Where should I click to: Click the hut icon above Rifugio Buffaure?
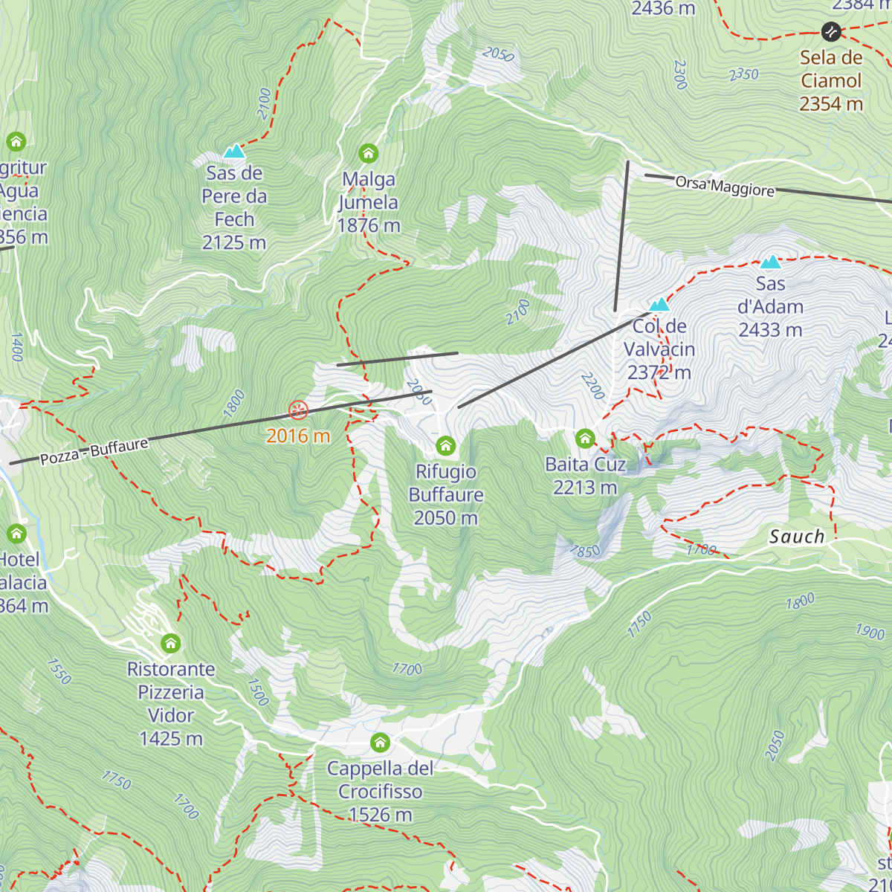click(x=445, y=445)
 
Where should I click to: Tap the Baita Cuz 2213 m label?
click(x=585, y=476)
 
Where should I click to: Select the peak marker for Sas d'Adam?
click(x=770, y=262)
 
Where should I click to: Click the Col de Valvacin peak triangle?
click(x=659, y=304)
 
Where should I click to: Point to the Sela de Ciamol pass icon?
click(x=830, y=31)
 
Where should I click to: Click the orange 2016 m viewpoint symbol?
click(x=298, y=410)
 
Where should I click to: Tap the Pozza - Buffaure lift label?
click(x=94, y=450)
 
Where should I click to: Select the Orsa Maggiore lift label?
click(x=725, y=186)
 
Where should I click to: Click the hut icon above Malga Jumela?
click(x=368, y=154)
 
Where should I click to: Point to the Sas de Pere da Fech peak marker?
click(x=234, y=151)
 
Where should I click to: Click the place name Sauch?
click(x=797, y=536)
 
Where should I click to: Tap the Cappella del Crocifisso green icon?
click(x=380, y=742)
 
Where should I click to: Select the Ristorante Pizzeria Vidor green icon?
click(x=171, y=643)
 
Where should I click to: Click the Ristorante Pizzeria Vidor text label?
click(x=171, y=703)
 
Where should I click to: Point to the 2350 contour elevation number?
click(x=743, y=74)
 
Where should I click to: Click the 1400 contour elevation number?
click(x=16, y=347)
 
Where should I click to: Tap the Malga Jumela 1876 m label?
click(x=369, y=202)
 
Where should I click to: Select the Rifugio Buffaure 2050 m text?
click(x=446, y=494)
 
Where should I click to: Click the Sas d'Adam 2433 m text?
click(x=770, y=306)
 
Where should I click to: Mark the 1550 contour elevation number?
click(x=59, y=670)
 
